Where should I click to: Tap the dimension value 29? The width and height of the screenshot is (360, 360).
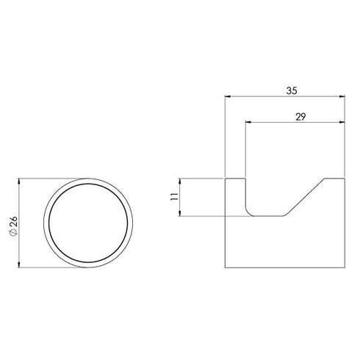point(300,116)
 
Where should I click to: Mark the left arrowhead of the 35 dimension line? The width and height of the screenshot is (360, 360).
point(228,96)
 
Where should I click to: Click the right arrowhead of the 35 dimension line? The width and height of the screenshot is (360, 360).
point(342,96)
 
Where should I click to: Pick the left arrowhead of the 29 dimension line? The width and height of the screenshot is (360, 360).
point(247,122)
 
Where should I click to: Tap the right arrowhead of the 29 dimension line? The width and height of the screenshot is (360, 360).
point(342,122)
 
